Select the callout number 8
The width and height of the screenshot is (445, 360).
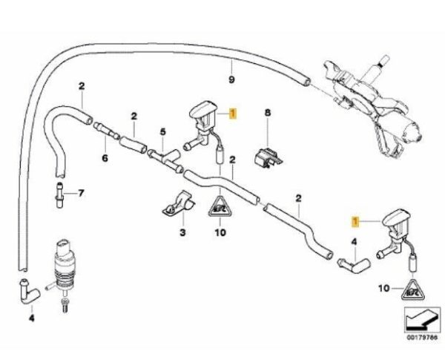[x=269, y=113]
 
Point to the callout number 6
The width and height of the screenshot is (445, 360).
[x=105, y=158]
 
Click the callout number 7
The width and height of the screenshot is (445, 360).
[x=82, y=194]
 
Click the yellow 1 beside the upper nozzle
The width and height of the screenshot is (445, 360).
[x=234, y=114]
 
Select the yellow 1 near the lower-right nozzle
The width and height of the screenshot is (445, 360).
[x=357, y=220]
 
